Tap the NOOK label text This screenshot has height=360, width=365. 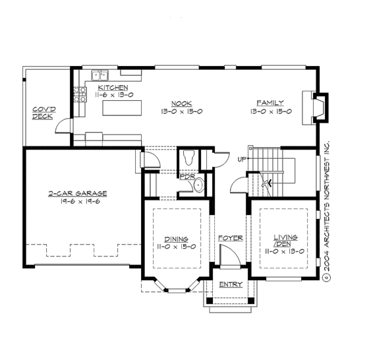[181, 104]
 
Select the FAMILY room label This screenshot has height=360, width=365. [270, 104]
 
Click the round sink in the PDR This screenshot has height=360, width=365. [199, 187]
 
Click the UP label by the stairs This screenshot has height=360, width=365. [242, 160]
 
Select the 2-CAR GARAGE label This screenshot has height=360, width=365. [77, 194]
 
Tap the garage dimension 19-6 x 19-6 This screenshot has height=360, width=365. [77, 202]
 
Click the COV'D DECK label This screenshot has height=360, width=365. [43, 113]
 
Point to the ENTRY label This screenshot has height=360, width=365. [230, 284]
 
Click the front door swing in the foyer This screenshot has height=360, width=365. [228, 254]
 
